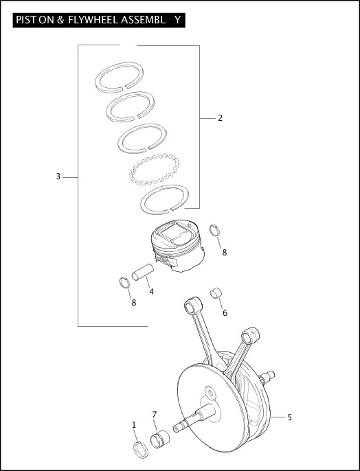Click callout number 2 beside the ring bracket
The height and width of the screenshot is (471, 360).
click(x=220, y=118)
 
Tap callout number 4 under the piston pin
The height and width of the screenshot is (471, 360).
click(x=151, y=291)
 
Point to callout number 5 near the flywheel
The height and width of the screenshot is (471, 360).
click(x=289, y=417)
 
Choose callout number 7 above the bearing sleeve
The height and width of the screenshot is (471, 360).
click(x=155, y=414)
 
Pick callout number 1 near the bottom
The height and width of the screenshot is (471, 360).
click(x=134, y=426)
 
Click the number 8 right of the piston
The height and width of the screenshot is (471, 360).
click(x=224, y=253)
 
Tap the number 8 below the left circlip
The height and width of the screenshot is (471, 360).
click(x=133, y=302)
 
